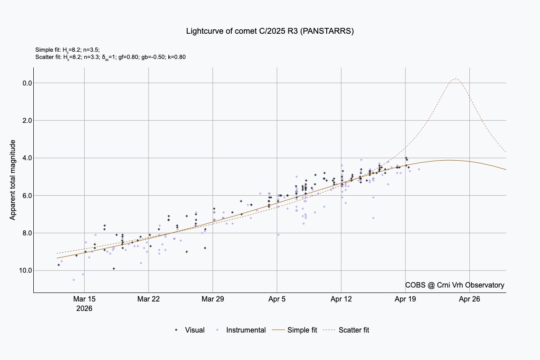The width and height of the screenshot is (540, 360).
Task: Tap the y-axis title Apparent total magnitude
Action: [13, 180]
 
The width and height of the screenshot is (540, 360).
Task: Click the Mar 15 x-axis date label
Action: [85, 299]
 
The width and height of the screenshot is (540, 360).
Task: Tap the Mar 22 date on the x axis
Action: [149, 299]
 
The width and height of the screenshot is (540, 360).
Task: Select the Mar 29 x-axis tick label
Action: [213, 299]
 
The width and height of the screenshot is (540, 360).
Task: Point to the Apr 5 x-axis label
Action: [277, 299]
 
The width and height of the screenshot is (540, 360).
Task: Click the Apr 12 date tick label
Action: [341, 299]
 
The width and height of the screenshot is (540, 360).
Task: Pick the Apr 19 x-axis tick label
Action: [405, 299]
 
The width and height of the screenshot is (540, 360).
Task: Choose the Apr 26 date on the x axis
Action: [470, 299]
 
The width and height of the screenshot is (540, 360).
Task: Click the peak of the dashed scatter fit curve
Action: [455, 79]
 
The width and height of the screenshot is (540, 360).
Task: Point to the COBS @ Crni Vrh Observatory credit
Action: [454, 285]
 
